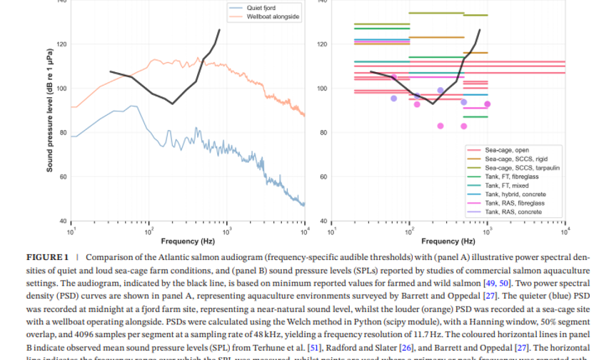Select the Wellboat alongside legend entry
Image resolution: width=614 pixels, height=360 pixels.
tap(273, 16)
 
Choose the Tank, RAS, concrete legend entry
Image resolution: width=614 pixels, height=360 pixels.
tap(513, 212)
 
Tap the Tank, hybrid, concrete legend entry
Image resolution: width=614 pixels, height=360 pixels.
tap(515, 194)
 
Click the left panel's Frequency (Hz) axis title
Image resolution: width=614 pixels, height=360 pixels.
tap(188, 241)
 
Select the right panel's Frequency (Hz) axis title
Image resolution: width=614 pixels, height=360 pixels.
tap(448, 241)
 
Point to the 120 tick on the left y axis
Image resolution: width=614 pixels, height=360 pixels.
tap(62, 44)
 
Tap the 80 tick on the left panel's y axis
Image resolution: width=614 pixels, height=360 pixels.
tap(64, 133)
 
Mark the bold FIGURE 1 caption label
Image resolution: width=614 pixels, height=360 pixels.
tap(48, 256)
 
